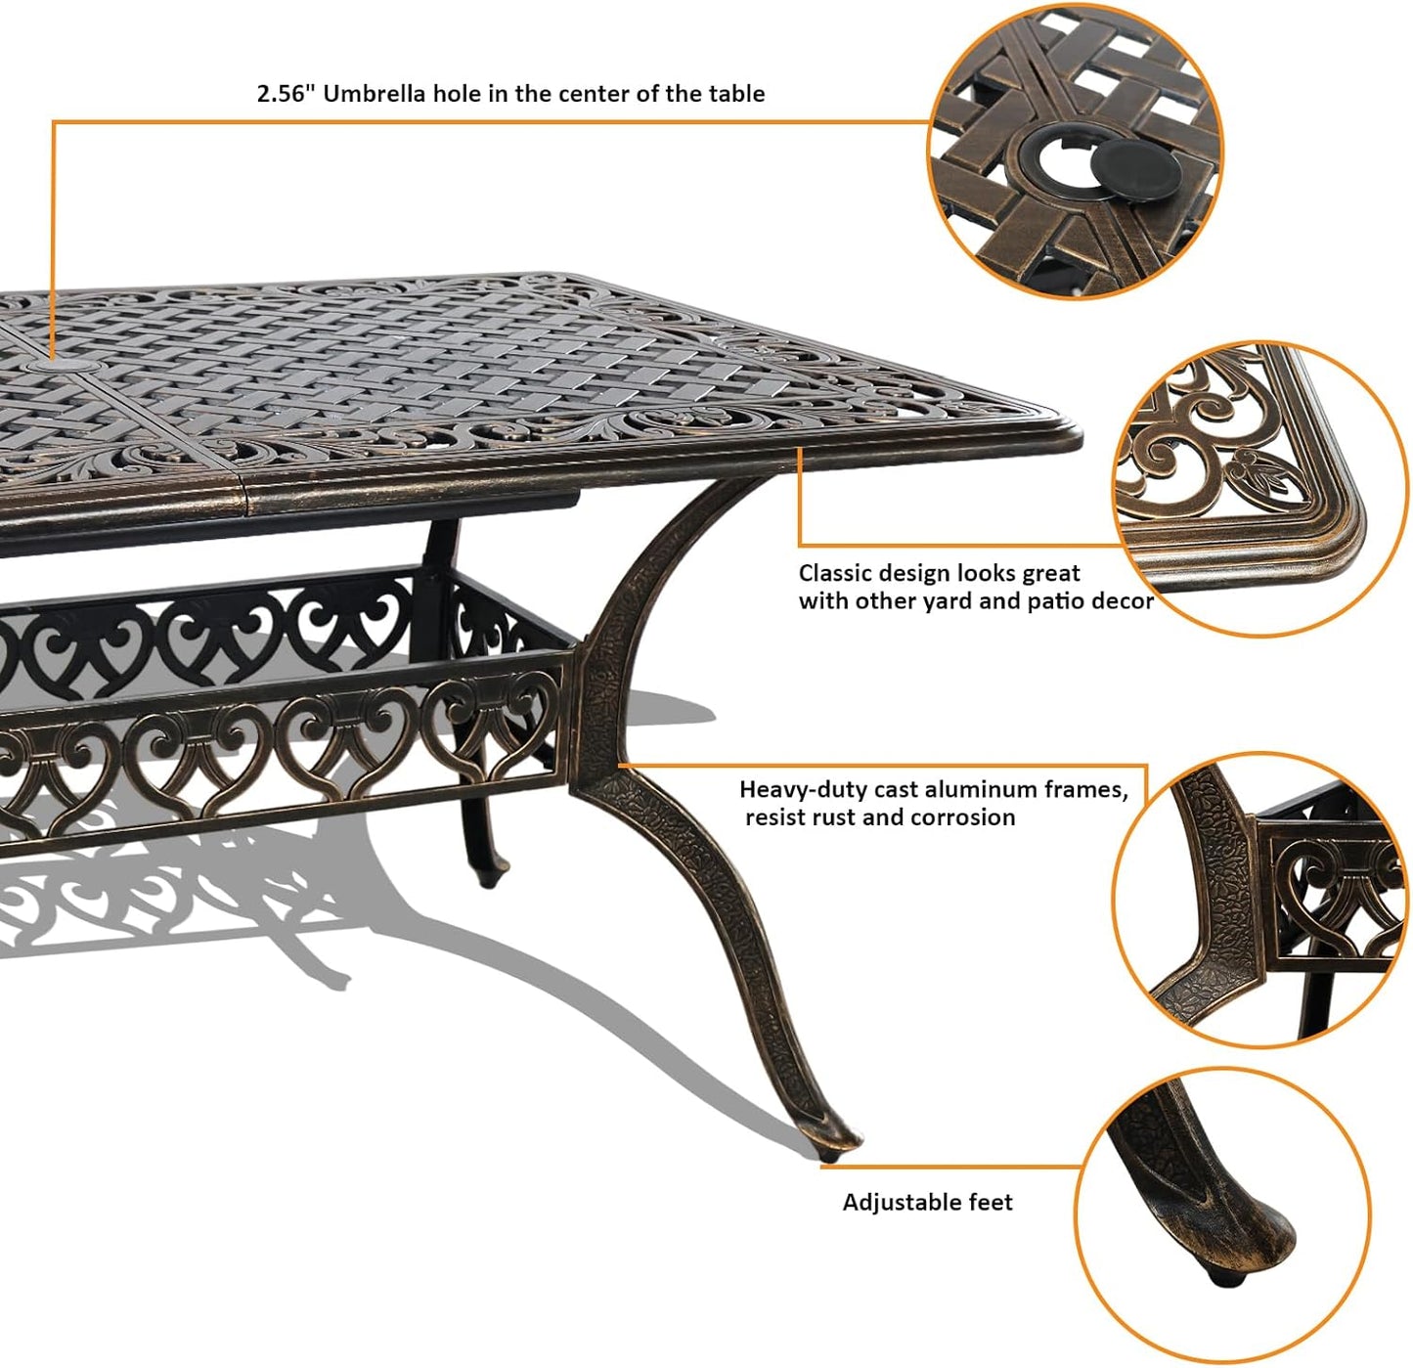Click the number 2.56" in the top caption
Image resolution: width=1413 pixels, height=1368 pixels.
[x=285, y=94]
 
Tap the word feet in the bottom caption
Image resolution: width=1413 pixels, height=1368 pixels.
[x=991, y=1202]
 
